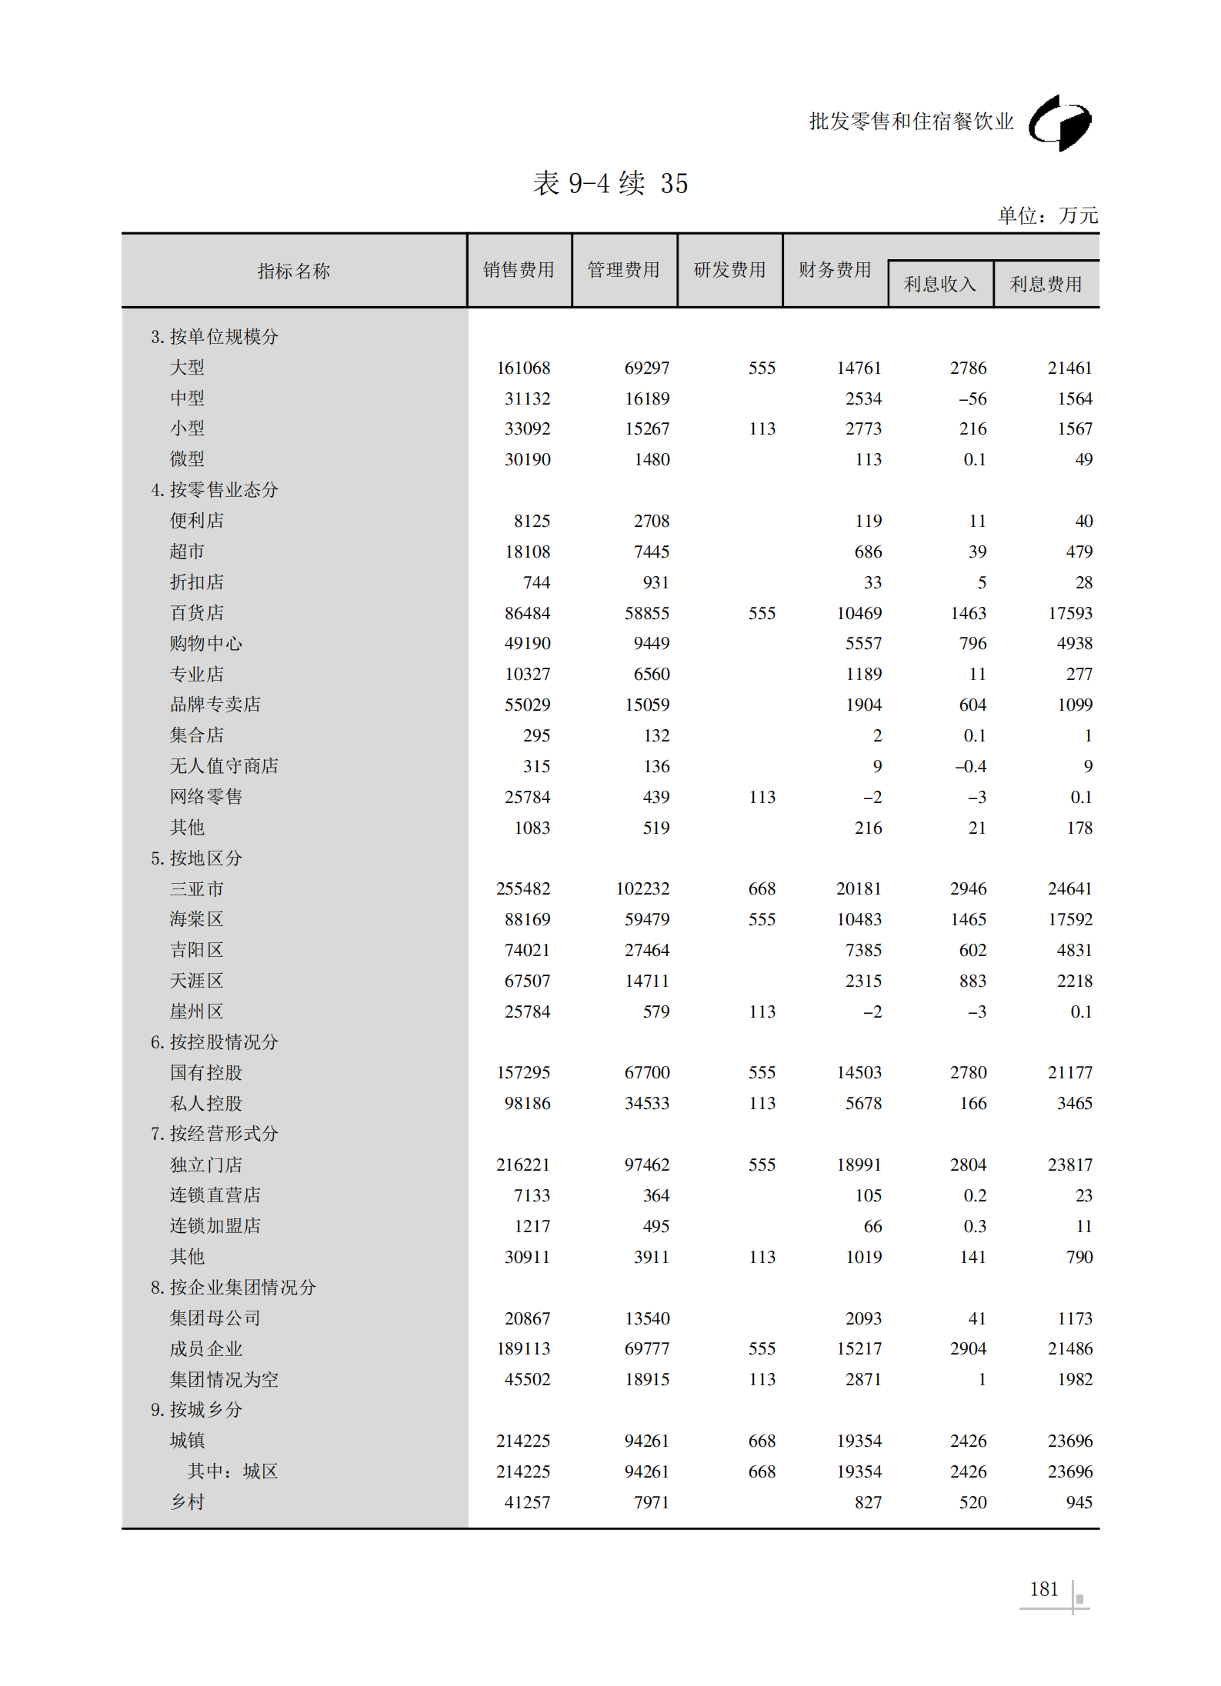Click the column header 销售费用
coord(519,270)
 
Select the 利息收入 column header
coord(939,285)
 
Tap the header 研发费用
coord(729,270)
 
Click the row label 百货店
coord(197,613)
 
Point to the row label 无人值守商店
coord(224,766)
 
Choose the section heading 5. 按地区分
coord(196,858)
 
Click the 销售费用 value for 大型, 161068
coord(523,368)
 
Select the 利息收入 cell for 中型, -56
coord(972,399)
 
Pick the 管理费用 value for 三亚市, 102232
coord(642,889)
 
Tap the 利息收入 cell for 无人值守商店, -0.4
coord(970,767)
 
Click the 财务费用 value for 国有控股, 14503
coord(859,1073)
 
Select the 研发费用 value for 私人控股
coord(762,1104)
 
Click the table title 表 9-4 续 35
coord(610,184)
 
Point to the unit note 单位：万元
coord(1047,216)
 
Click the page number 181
coord(1043,1590)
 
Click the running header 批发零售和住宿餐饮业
coord(911,122)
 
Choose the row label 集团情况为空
coord(224,1380)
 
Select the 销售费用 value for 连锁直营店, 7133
coord(532,1196)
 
